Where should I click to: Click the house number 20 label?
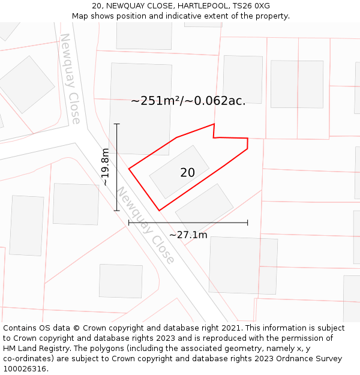tap(187, 173)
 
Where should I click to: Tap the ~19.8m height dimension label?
tap(106, 167)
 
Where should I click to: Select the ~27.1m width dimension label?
tap(188, 235)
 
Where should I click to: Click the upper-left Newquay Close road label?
tap(70, 78)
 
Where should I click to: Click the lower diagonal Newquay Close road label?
tap(145, 225)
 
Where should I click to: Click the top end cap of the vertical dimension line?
tap(117, 124)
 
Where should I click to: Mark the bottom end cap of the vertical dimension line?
tap(117, 211)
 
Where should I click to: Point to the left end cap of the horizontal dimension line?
tap(129, 223)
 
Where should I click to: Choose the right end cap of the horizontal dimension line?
tap(248, 223)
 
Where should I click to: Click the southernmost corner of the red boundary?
tap(159, 211)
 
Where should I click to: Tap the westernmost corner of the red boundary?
tap(129, 169)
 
